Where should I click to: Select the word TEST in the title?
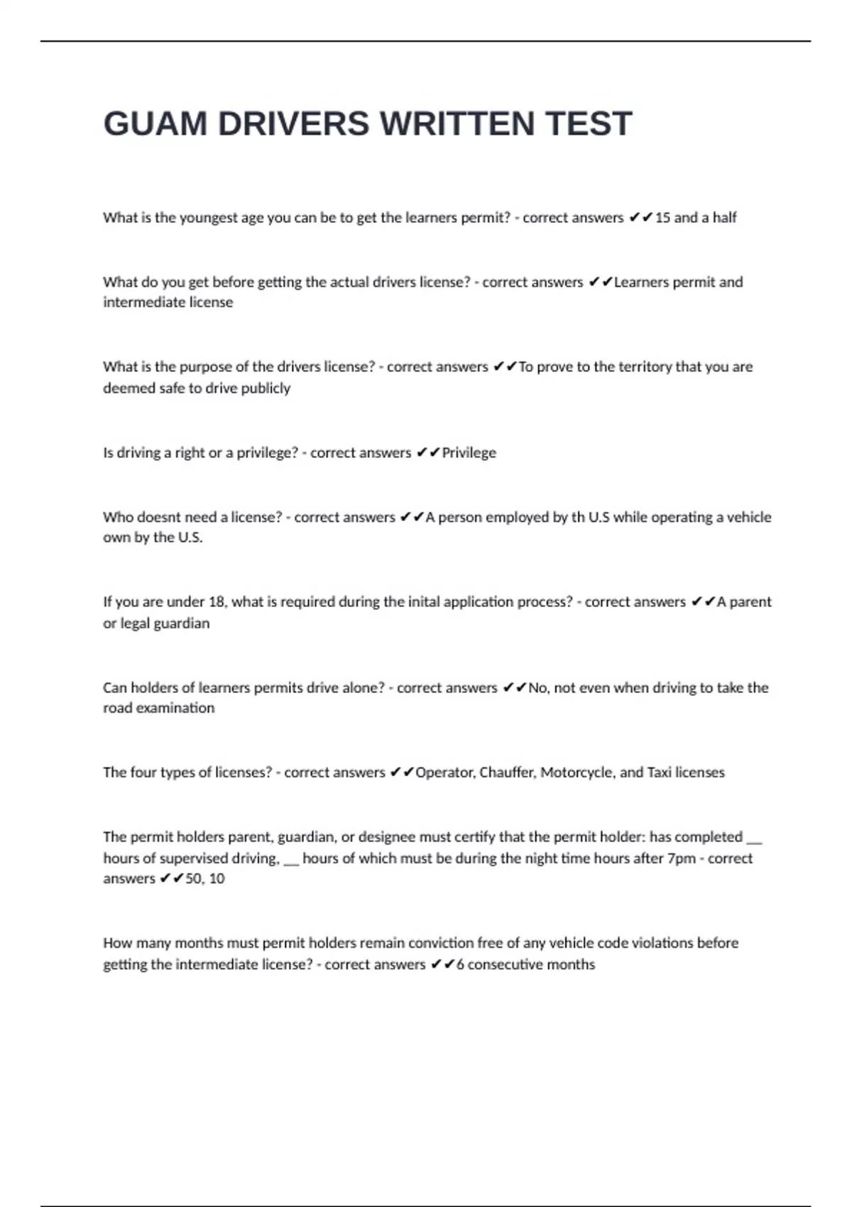(589, 124)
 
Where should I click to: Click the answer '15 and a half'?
(695, 218)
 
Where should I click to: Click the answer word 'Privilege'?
(469, 453)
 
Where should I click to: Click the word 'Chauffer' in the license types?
(507, 772)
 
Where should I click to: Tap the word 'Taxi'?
(659, 772)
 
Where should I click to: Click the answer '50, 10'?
(204, 879)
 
